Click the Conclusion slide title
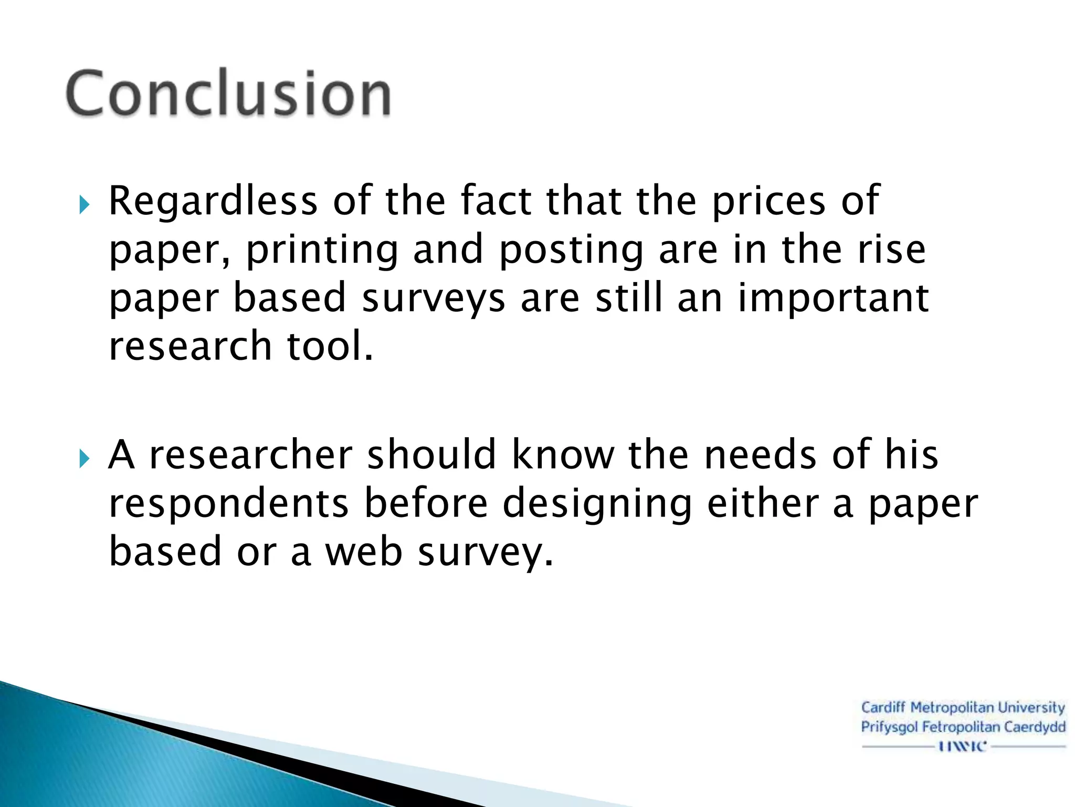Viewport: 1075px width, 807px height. (228, 94)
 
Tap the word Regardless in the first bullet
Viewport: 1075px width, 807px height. (213, 202)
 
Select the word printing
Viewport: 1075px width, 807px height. (322, 251)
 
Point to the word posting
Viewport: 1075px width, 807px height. (571, 251)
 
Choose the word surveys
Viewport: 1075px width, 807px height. (434, 299)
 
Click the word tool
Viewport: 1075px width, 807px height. (330, 346)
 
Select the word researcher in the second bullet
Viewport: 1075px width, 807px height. (251, 455)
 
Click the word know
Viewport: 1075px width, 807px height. (563, 455)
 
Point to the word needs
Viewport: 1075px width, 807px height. (761, 455)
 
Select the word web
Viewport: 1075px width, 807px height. (364, 552)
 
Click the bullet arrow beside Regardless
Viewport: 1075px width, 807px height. (84, 205)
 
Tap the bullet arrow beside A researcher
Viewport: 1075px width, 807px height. (84, 459)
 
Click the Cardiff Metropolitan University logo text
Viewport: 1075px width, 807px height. (963, 708)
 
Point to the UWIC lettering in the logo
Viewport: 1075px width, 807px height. (963, 746)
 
